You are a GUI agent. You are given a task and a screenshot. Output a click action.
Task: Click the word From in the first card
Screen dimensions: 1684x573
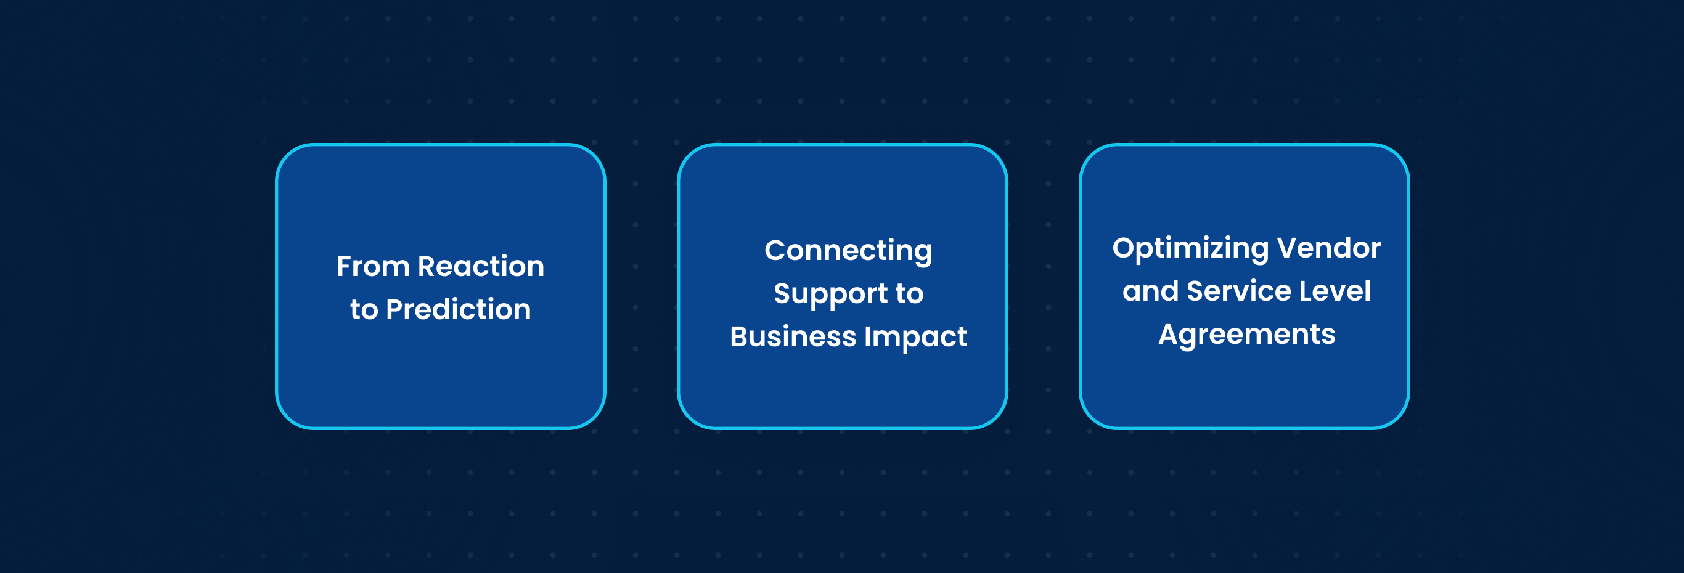[x=373, y=267]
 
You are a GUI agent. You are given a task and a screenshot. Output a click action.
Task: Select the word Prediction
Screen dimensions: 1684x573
[x=458, y=310]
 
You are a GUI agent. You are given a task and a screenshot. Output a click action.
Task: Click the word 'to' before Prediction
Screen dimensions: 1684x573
[x=364, y=311]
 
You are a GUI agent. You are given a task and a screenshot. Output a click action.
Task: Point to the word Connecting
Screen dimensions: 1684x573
[x=849, y=251]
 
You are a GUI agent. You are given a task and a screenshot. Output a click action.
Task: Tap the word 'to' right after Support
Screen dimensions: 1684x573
[x=909, y=294]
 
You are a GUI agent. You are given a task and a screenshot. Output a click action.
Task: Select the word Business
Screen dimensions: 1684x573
[x=793, y=337]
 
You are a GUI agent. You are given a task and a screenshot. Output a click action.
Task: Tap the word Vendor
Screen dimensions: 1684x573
[x=1329, y=248]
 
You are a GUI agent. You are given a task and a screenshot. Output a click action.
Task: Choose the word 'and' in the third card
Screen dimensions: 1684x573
[x=1150, y=291]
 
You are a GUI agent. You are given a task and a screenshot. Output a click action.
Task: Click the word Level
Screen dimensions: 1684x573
[x=1335, y=291]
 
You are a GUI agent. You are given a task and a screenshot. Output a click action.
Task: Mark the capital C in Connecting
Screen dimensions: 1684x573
[x=775, y=250]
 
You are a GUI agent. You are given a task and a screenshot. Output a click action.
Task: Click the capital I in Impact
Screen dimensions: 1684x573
[x=868, y=337]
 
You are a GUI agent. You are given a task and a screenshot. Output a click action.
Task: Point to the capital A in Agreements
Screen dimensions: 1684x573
[x=1169, y=335]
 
